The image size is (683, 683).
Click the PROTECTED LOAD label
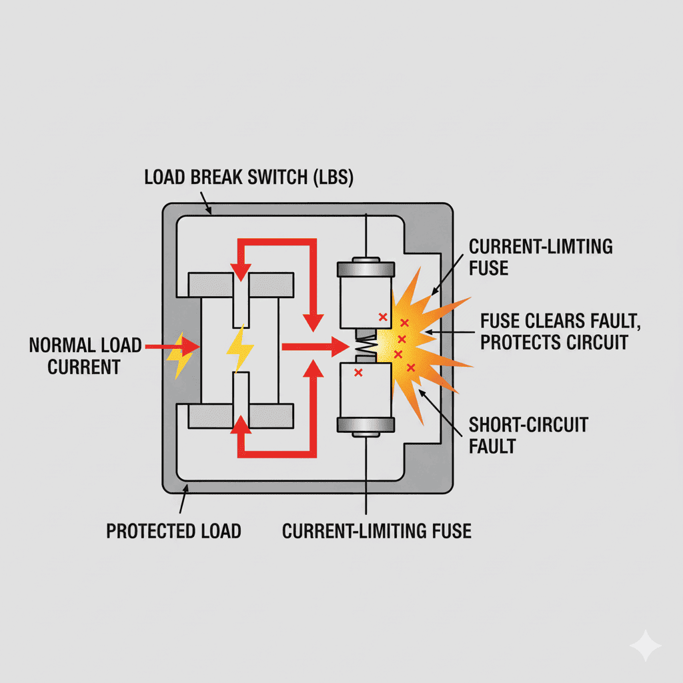point(173,531)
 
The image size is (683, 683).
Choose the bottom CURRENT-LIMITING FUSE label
point(377,531)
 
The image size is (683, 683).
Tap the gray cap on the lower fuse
point(366,424)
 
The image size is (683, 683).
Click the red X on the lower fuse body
point(358,372)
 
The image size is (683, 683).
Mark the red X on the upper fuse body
point(382,317)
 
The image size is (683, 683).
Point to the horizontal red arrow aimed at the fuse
point(313,346)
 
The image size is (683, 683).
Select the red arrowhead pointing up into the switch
point(240,424)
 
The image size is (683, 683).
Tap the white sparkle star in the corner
point(646,646)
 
